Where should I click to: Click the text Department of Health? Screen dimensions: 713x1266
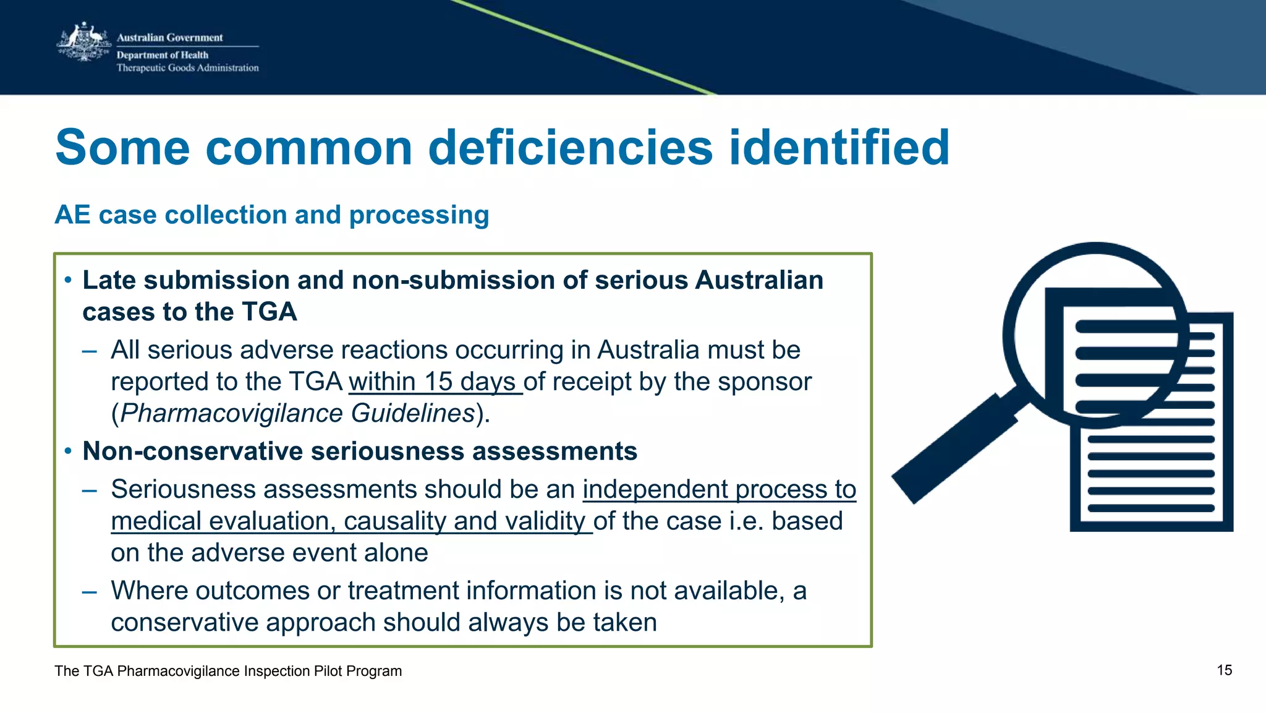coord(163,55)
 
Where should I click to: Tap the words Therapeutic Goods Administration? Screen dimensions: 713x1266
coord(188,68)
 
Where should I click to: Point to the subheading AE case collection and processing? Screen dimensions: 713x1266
coord(272,215)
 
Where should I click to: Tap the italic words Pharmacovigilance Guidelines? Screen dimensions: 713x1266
coord(297,413)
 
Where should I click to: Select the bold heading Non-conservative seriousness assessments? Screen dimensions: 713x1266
coord(360,451)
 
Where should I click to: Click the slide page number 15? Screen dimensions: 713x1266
coord(1224,670)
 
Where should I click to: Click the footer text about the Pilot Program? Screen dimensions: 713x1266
coord(228,671)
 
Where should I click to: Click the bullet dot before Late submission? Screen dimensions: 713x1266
coord(68,280)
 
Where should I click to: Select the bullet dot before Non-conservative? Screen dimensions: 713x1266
coord(68,451)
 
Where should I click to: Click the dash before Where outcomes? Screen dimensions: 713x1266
coord(90,591)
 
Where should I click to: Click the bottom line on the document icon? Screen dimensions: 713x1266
coord(1151,508)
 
